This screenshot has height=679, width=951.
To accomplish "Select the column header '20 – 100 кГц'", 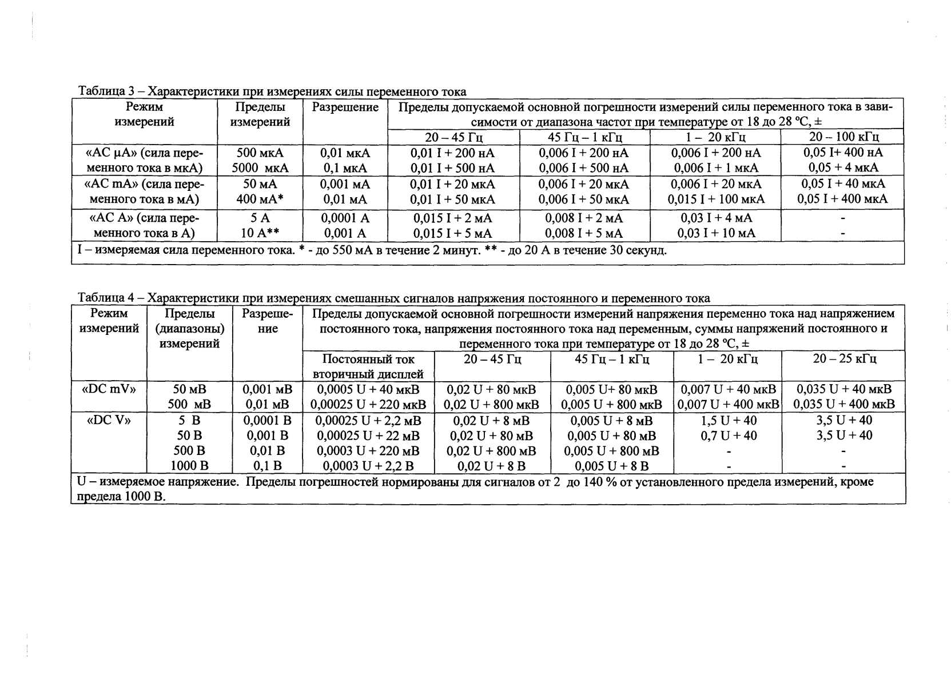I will [x=843, y=137].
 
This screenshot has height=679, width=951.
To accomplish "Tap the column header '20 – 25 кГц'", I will [x=845, y=359].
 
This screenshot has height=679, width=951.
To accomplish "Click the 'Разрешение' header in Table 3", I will [x=345, y=107].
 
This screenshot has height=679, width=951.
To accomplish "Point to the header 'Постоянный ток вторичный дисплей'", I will [x=368, y=367].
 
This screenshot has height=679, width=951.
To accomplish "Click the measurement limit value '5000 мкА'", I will [x=260, y=169].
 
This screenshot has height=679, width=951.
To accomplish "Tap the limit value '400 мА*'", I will [x=260, y=199].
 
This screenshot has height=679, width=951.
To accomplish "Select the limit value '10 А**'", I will [x=260, y=233].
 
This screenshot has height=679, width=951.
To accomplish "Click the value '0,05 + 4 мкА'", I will [x=843, y=168].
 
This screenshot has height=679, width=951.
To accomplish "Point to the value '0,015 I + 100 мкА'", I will [x=716, y=199].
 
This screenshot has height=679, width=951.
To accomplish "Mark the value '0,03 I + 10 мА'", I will [x=716, y=233].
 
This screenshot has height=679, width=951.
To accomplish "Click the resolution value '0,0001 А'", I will [x=345, y=218].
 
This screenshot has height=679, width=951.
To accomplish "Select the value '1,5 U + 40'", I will [x=729, y=420].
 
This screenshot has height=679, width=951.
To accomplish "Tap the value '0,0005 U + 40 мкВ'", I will [x=368, y=390].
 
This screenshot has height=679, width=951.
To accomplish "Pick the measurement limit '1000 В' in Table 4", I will [x=190, y=466].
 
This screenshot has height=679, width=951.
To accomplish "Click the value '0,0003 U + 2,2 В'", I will [x=368, y=466].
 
